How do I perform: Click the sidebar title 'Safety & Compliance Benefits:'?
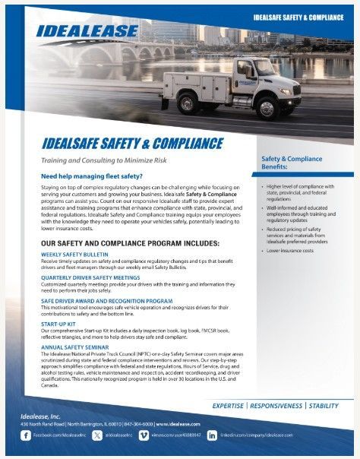coord(281,162)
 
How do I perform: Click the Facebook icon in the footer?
coord(27,435)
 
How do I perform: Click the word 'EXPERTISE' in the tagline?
coord(234,405)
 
